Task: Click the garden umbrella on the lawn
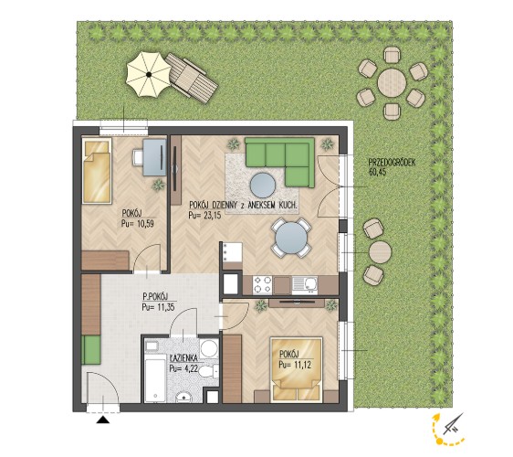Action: point(149,75)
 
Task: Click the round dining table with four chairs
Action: point(290,238)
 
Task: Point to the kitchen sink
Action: point(304,285)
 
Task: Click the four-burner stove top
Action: point(263,285)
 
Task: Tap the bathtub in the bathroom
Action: point(155,380)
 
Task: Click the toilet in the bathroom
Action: point(208,372)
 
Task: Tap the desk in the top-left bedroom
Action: point(155,157)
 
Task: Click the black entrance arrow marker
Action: point(103,420)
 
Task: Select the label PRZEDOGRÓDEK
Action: point(392,163)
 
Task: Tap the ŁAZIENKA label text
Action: point(183,358)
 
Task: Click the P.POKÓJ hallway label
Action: point(155,297)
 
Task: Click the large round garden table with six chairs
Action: point(392,83)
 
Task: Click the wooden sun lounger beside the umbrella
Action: point(192,79)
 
